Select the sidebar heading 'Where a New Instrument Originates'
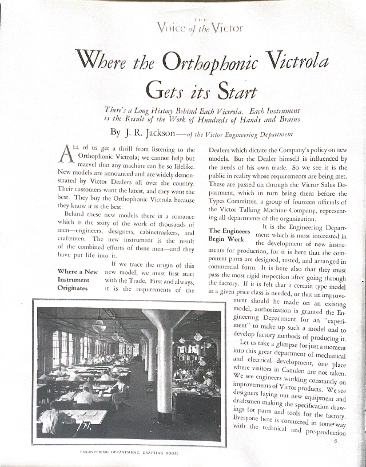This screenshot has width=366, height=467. (78, 280)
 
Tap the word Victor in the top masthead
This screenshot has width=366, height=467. (225, 27)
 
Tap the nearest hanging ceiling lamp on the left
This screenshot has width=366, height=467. (99, 326)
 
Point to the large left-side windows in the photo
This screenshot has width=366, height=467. (60, 349)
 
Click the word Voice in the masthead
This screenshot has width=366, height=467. (172, 27)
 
